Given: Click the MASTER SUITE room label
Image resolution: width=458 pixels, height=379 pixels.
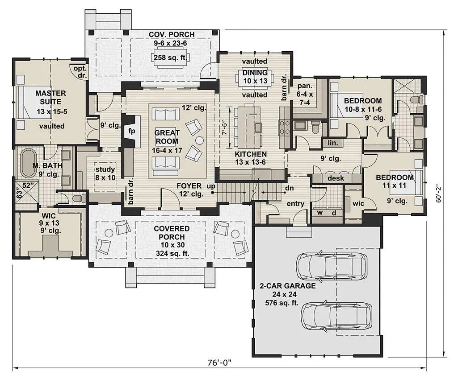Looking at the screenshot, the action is tap(50, 98).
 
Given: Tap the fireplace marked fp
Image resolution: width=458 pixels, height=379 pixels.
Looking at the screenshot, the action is tap(131, 131).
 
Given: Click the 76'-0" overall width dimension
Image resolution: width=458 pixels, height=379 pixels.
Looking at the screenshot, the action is tap(219, 363).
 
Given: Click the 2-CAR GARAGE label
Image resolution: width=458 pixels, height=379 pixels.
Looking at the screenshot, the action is tap(288, 286).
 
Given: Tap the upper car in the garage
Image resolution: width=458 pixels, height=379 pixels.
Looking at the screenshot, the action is tap(332, 266).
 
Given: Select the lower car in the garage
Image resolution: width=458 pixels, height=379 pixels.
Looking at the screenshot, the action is tap(336, 317).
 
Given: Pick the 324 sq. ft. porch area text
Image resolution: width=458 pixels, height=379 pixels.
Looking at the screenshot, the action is tap(172, 253).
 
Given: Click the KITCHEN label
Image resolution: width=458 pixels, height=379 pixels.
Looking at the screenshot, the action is tap(251, 154).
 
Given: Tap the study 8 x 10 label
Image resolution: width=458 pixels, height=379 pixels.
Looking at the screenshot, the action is tap(105, 173).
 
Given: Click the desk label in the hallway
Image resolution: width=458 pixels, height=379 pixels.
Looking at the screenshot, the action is tap(336, 178).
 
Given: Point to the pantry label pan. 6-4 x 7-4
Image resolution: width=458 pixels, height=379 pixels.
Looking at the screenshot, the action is tap(305, 94).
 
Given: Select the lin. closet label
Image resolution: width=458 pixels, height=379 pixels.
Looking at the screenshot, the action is tap(333, 143).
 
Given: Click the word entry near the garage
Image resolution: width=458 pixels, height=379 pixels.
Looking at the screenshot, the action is tap(295, 203).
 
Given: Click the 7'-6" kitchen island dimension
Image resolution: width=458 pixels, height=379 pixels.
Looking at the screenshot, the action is tap(225, 128).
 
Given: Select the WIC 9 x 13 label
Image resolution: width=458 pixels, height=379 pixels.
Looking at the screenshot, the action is tap(50, 223).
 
